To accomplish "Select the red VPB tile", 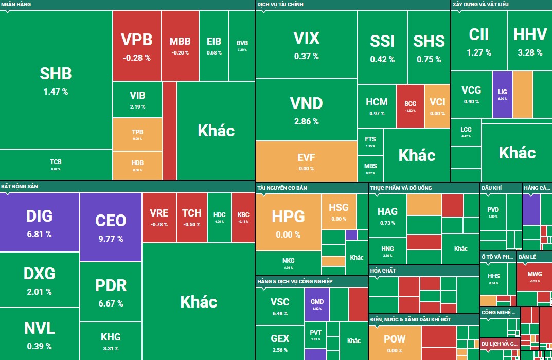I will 136,45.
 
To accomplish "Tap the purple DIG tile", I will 39,222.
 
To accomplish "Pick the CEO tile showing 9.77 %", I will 111,226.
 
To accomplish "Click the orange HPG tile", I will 288,222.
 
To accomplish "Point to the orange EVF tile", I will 306,160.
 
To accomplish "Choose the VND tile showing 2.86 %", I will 306,110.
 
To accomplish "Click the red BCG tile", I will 410,105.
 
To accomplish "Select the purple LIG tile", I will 502,94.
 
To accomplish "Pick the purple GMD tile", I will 317,305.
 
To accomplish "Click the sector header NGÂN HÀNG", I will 16,4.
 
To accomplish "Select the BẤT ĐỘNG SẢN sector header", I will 20,186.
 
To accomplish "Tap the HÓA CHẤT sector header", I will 383,271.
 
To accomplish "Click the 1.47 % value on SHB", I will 56,92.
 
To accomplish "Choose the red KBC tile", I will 243,217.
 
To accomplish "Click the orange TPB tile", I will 137,134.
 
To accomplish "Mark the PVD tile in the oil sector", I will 493,212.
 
